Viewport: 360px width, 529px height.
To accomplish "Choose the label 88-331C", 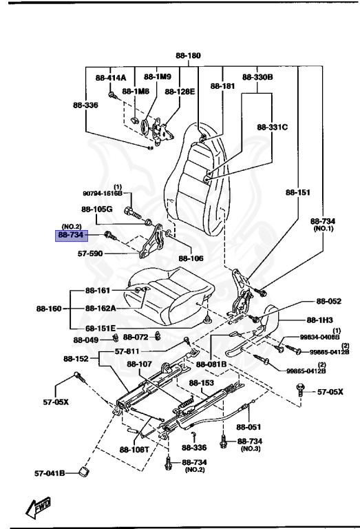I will pos(273,127).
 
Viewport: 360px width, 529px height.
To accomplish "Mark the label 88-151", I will pos(297,194).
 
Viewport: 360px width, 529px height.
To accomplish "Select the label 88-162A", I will pos(101,308).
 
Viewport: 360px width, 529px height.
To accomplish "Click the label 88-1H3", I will pos(320,320).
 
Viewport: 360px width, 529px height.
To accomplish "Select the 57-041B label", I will pos(50,473).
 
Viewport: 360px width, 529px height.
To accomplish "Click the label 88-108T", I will pos(136,450).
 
